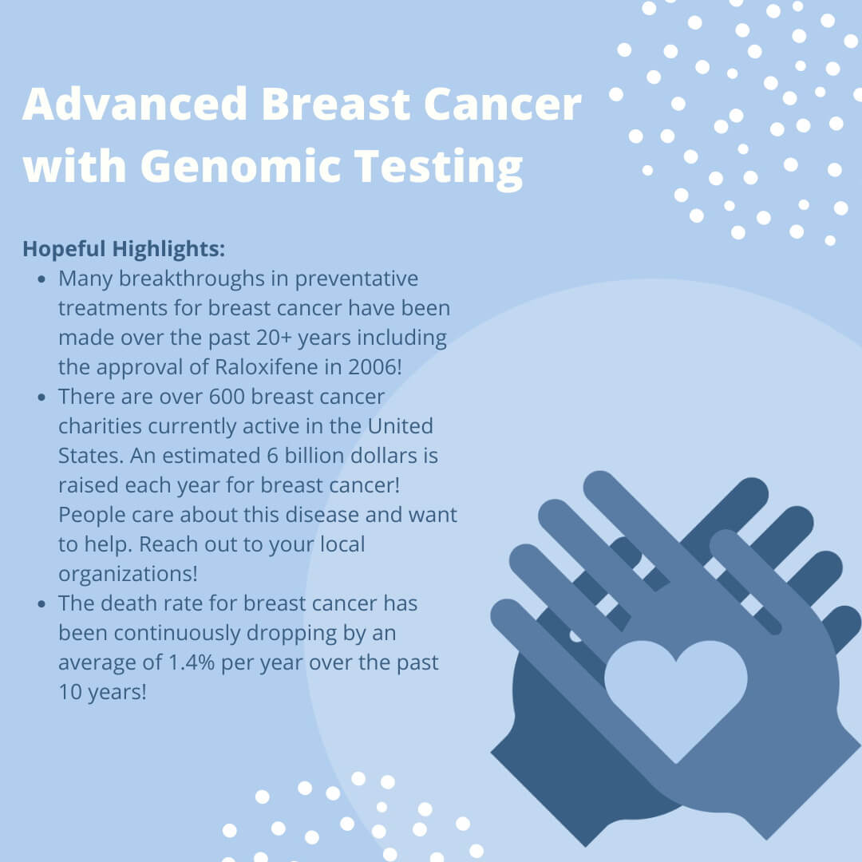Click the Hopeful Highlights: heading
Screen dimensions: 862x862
[124, 248]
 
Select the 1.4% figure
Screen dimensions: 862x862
[191, 662]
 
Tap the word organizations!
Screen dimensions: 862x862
[128, 574]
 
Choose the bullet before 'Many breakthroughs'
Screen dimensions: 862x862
[42, 279]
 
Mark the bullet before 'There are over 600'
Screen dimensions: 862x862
[42, 397]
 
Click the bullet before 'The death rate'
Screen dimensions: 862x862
[42, 604]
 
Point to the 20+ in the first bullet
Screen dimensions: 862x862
[274, 338]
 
